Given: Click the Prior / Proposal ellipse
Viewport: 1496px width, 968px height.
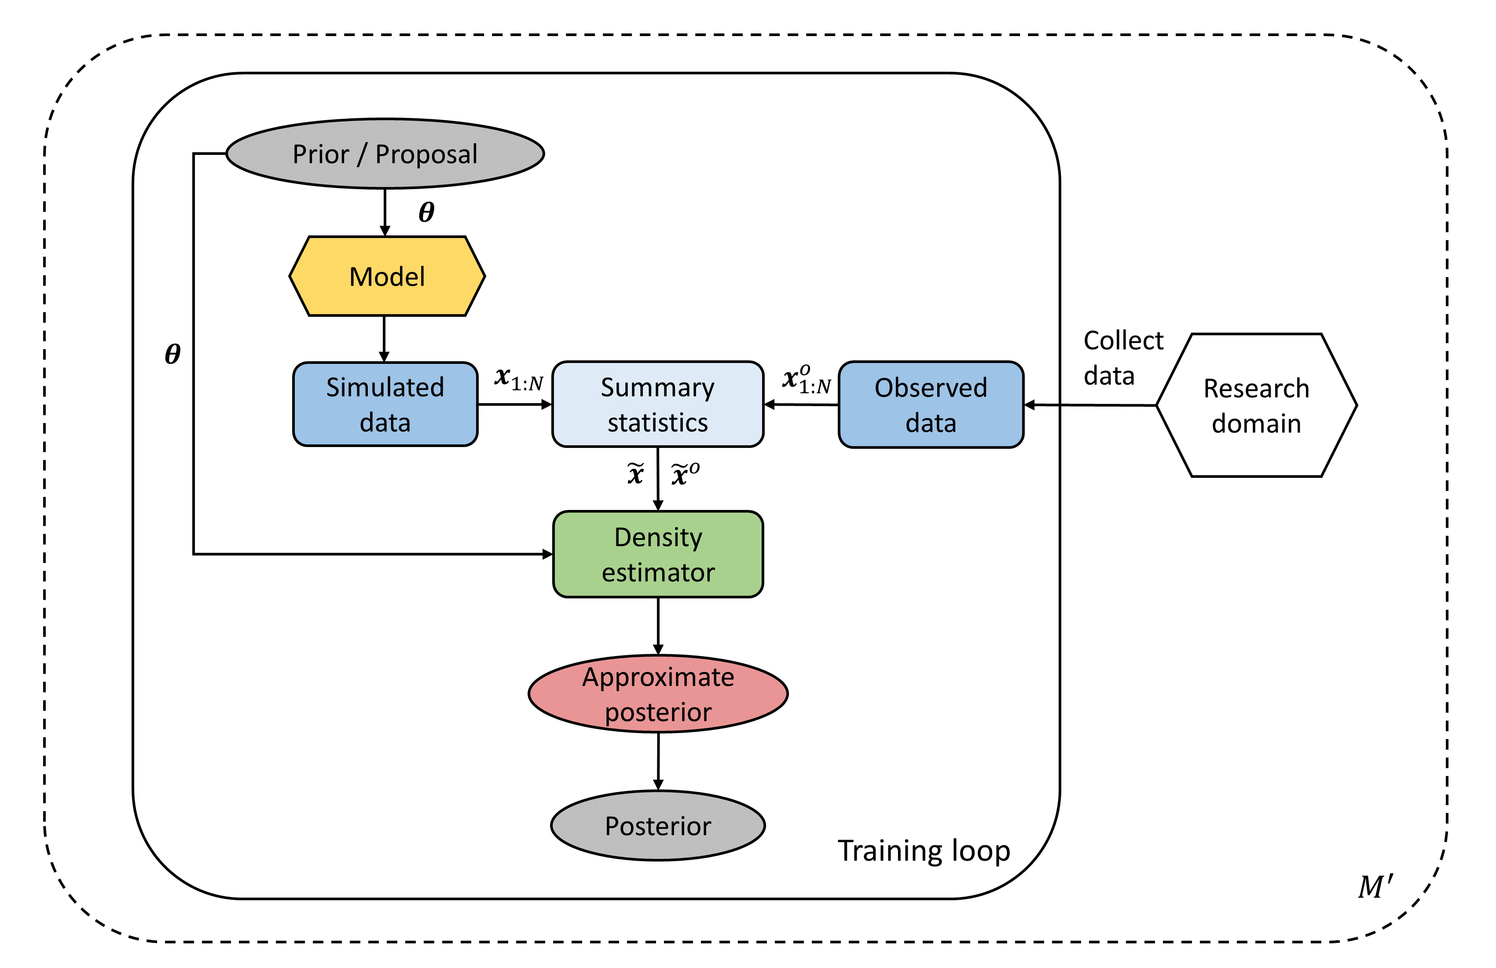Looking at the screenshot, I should click(385, 154).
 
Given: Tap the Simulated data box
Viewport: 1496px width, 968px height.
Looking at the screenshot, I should click(385, 404).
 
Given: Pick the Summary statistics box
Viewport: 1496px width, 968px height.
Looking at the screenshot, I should click(657, 404).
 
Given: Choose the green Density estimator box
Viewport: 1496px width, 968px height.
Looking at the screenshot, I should click(657, 554).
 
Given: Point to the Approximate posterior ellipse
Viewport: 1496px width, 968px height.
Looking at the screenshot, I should click(657, 694).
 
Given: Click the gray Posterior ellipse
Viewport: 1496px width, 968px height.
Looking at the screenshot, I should click(657, 825).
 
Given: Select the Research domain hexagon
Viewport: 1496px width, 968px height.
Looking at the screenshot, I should click(1256, 405).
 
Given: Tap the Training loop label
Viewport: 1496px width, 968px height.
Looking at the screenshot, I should click(924, 851).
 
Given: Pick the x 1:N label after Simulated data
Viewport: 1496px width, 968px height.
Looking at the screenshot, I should click(518, 379).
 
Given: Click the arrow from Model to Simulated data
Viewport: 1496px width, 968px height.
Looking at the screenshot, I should click(384, 338).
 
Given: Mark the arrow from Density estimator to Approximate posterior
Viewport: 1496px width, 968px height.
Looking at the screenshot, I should click(657, 625).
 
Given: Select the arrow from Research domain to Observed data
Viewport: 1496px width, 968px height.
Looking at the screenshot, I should click(1091, 405).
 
